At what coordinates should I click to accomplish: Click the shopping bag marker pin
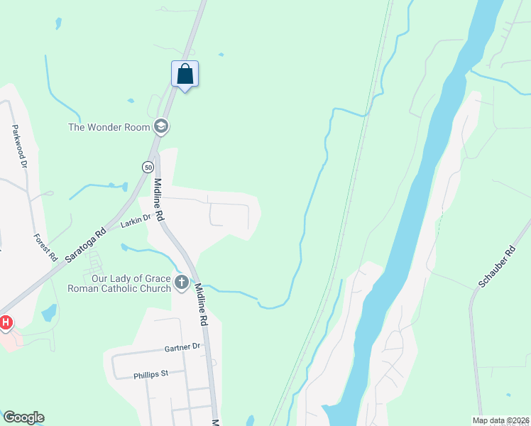[185, 75]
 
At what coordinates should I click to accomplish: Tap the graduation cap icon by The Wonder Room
[162, 127]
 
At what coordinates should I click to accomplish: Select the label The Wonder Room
[109, 128]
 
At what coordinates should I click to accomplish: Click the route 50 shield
[147, 167]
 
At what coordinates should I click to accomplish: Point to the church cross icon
[182, 283]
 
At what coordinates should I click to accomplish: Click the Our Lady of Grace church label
[119, 283]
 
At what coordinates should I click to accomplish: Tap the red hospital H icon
[6, 323]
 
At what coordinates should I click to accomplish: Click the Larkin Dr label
[136, 222]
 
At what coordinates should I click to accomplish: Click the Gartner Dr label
[183, 347]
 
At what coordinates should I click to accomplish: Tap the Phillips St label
[150, 373]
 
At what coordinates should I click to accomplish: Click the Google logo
[23, 417]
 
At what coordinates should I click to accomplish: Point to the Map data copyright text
[501, 420]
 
